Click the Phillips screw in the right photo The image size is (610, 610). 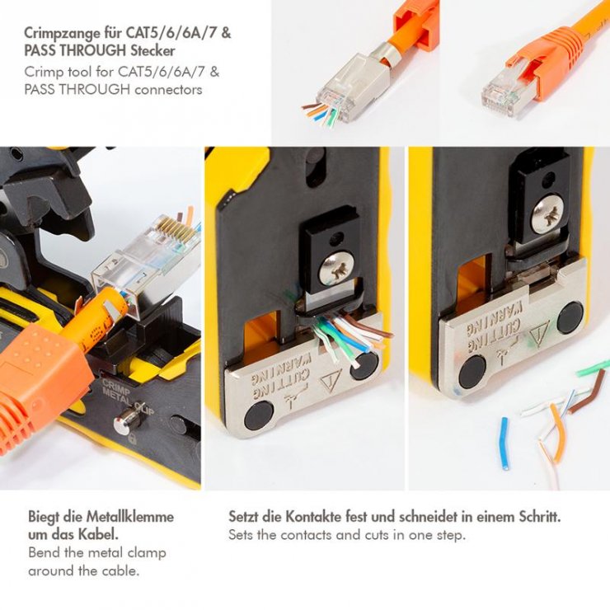coord(547,213)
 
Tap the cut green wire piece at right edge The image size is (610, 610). coord(593,368)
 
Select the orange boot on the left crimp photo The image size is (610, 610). coord(41,383)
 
